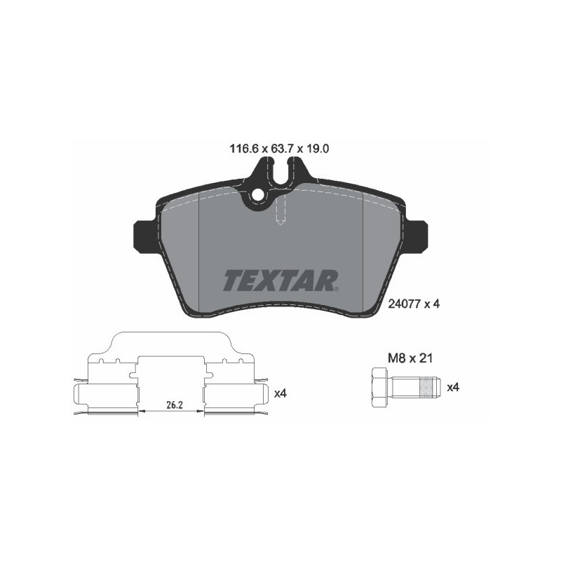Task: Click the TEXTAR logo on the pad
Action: [x=280, y=279]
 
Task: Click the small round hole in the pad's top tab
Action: [x=257, y=196]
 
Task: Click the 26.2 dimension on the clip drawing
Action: [x=173, y=405]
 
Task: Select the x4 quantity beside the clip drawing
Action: [x=280, y=393]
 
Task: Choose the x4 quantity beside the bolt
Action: [x=453, y=387]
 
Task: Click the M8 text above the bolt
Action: [x=398, y=358]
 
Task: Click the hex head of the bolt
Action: [x=377, y=387]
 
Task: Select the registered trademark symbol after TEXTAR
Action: [x=338, y=288]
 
